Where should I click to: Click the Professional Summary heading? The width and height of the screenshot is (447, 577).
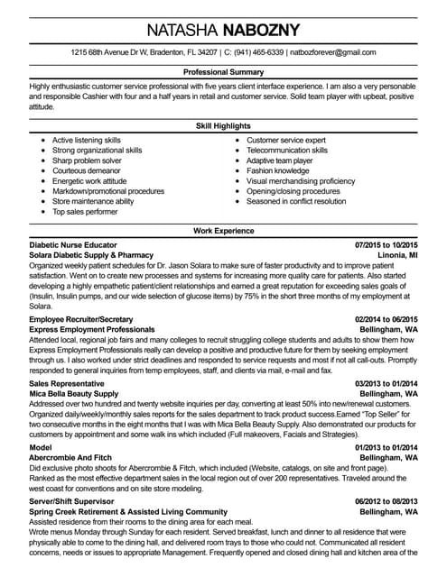[x=223, y=70]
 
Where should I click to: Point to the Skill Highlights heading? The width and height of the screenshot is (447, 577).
[x=223, y=126]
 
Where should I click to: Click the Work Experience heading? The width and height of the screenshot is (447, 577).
[x=223, y=232]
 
